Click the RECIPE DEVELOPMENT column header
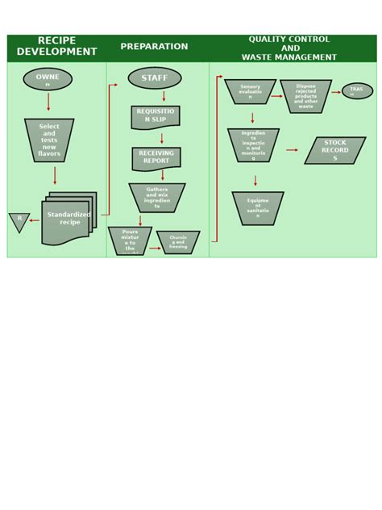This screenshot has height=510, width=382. point(56,47)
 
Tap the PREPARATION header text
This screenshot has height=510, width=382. point(154,47)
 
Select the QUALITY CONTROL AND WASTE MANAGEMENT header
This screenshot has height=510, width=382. point(289,48)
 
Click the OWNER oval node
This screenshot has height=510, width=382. point(48,79)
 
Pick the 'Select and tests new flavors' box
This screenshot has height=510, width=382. point(49,140)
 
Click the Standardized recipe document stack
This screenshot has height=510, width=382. point(69,219)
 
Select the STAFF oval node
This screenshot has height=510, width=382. point(155,78)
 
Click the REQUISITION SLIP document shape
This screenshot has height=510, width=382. point(156,116)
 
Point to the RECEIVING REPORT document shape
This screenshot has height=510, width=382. point(156,157)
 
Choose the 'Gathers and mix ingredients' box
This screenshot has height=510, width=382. point(157,198)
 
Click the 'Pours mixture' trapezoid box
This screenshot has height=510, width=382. point(130,240)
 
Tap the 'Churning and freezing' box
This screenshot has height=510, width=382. point(178,242)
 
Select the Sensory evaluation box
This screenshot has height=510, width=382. point(250,91)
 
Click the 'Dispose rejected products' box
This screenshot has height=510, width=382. point(305,96)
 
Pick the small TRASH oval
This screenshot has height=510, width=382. point(357,91)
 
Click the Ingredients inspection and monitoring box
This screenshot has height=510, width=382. point(253,145)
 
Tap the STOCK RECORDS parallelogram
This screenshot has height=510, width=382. point(334,150)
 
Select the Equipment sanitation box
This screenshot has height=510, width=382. point(258,207)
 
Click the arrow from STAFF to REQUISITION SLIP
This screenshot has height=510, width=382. point(164,97)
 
